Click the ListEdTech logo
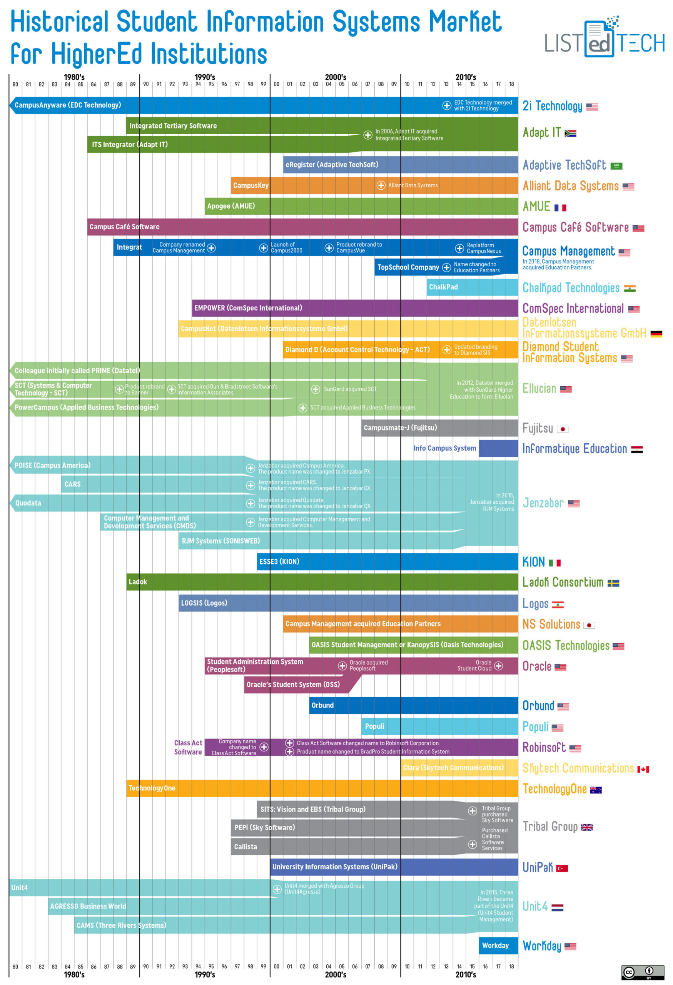coord(603,38)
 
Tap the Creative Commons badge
coord(642,972)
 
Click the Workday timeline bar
coord(498,946)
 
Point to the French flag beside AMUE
coord(560,208)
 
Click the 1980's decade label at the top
coord(74,77)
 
